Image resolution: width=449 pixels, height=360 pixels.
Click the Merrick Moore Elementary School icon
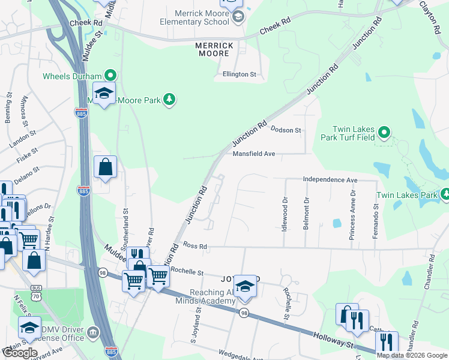(x=238, y=17)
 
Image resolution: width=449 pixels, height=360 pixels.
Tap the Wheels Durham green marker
(x=110, y=76)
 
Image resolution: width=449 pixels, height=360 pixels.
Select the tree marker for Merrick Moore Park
(x=169, y=100)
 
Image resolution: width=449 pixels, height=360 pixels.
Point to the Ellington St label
(x=239, y=75)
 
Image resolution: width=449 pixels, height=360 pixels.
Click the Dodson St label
(x=285, y=130)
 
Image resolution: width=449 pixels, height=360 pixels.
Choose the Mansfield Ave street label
(x=253, y=154)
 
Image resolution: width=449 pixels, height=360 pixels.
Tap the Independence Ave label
(x=330, y=179)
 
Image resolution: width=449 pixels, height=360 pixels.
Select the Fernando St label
(x=375, y=221)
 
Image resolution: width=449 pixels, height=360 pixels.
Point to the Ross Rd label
(x=195, y=246)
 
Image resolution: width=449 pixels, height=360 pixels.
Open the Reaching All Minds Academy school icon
(x=245, y=286)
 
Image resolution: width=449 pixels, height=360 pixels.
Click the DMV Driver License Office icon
(x=92, y=332)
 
